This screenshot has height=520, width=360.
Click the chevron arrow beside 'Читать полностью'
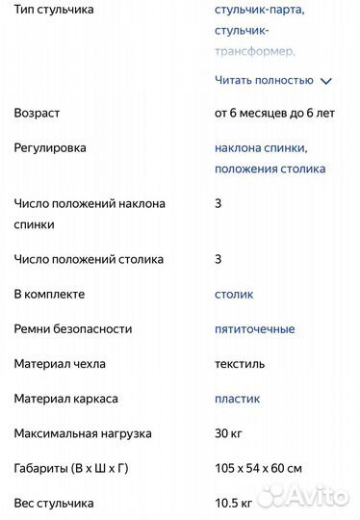pyautogui.click(x=325, y=82)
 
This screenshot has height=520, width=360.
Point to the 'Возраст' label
pyautogui.click(x=37, y=113)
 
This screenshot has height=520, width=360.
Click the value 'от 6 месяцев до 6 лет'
pyautogui.click(x=274, y=113)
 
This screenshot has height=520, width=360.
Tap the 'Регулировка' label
pyautogui.click(x=50, y=148)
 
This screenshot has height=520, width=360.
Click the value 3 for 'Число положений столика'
pyautogui.click(x=219, y=259)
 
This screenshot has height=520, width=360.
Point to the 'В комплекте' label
pyautogui.click(x=49, y=294)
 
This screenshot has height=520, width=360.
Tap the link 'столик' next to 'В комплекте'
pyautogui.click(x=234, y=294)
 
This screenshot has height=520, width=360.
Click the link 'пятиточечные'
pyautogui.click(x=255, y=328)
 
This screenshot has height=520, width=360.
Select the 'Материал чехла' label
pyautogui.click(x=60, y=364)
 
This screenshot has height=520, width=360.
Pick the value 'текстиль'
pyautogui.click(x=240, y=364)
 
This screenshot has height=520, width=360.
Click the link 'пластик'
pyautogui.click(x=237, y=399)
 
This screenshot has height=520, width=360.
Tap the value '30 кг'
pyautogui.click(x=229, y=433)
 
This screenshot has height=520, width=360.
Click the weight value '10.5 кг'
pyautogui.click(x=234, y=503)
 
